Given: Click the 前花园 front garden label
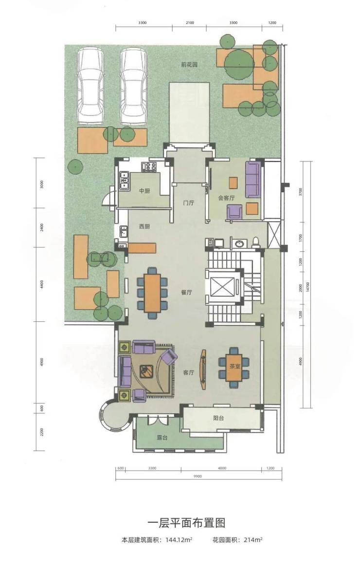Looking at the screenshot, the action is click(189, 65).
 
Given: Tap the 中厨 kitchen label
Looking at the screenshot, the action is click(144, 191).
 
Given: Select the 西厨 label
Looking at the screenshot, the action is click(144, 227).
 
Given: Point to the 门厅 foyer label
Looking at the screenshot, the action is click(188, 203).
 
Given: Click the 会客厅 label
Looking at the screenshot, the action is click(226, 198).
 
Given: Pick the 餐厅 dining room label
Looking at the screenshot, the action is click(186, 292).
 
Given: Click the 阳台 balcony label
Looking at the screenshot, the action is click(218, 418).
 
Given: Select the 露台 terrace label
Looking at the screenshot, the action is click(162, 438).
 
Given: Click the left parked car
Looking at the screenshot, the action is click(90, 87).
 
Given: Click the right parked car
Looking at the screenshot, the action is click(133, 87).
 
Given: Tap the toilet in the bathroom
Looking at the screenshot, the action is click(256, 243).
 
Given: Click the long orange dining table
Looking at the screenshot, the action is click(152, 293).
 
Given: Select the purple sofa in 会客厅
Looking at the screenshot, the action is click(253, 179).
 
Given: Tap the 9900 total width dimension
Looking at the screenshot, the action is click(198, 476).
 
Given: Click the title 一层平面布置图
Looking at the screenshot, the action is click(186, 523).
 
